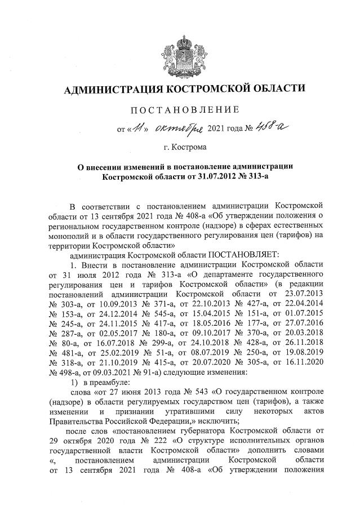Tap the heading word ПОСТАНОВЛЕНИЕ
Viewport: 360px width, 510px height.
180,109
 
